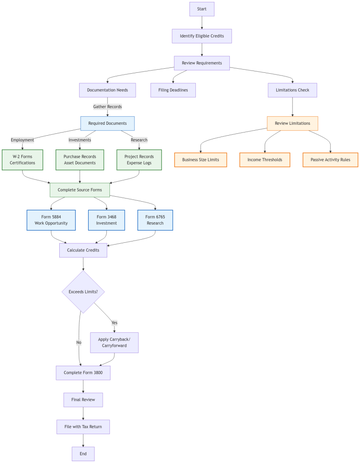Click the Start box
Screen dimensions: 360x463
pyautogui.click(x=202, y=9)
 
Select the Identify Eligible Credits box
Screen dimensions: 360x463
pyautogui.click(x=202, y=36)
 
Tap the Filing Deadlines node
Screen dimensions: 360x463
pyautogui.click(x=173, y=90)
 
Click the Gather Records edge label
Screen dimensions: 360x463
pyautogui.click(x=108, y=107)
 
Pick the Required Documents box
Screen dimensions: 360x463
pyautogui.click(x=108, y=123)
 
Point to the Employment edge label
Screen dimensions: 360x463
pyautogui.click(x=23, y=140)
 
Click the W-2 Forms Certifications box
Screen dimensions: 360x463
pyautogui.click(x=23, y=160)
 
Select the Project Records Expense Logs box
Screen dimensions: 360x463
pyautogui.click(x=139, y=160)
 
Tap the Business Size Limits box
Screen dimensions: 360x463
pyautogui.click(x=200, y=160)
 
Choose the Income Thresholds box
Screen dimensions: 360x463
pyautogui.click(x=265, y=160)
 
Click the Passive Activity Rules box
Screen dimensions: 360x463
pyautogui.click(x=330, y=160)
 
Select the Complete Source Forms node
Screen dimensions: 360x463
pyautogui.click(x=80, y=190)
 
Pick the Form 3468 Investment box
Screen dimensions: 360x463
pyautogui.click(x=106, y=220)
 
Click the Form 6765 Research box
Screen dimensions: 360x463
pyautogui.click(x=155, y=220)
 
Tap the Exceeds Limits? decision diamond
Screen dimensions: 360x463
pyautogui.click(x=83, y=292)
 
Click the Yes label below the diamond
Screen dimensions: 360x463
pyautogui.click(x=114, y=323)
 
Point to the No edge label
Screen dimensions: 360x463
pyautogui.click(x=79, y=343)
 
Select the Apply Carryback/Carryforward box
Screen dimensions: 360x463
pyautogui.click(x=114, y=343)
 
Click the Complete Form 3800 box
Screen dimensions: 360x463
pyautogui.click(x=83, y=373)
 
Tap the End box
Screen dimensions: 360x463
pyautogui.click(x=83, y=454)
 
